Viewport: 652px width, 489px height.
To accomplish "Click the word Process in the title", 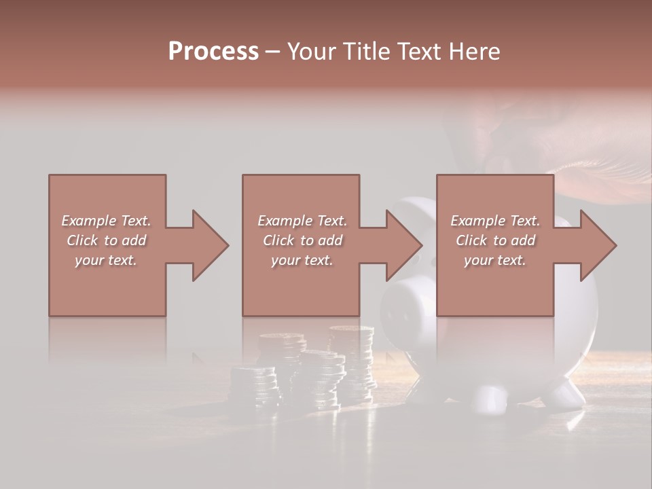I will [213, 51].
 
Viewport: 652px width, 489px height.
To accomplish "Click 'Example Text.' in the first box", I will [107, 221].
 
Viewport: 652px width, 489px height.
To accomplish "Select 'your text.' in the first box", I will [107, 260].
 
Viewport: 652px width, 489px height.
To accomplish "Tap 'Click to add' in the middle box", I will [302, 240].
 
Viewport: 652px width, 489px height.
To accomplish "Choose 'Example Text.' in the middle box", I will [302, 221].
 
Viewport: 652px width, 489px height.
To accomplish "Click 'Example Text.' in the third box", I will [495, 221].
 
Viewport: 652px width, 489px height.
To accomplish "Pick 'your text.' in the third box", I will [495, 260].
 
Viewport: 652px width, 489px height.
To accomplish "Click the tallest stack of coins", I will [352, 360].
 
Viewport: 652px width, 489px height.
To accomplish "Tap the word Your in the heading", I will [312, 51].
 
